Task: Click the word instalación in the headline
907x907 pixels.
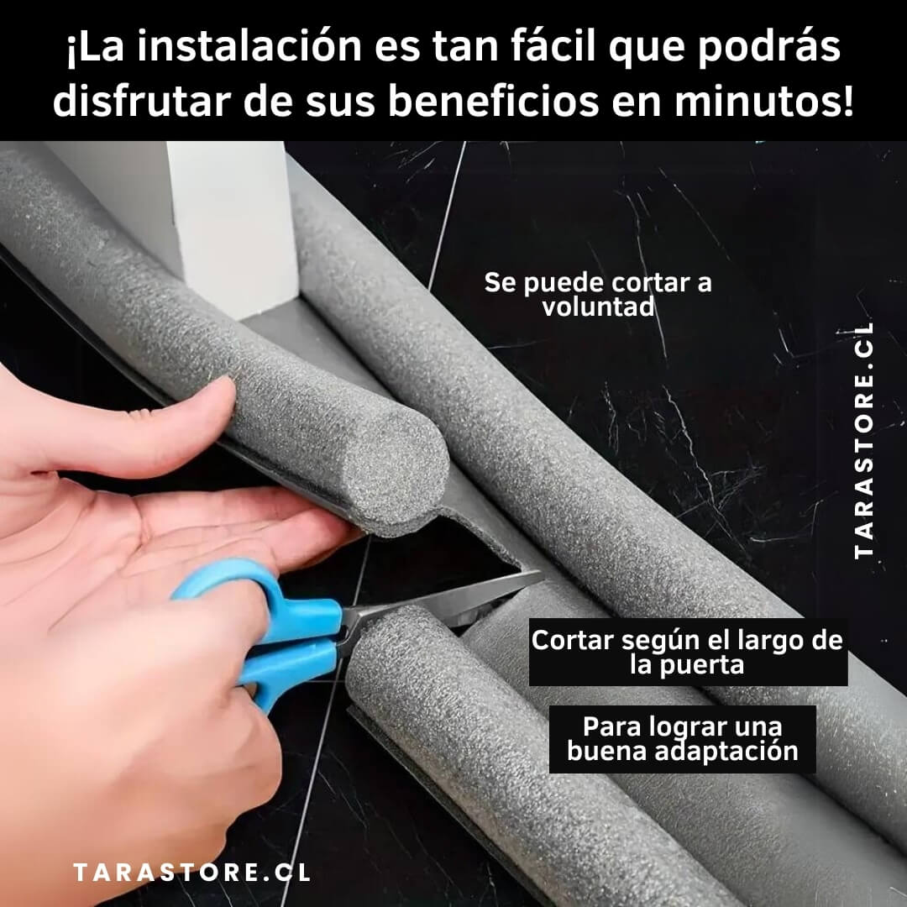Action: coord(249,47)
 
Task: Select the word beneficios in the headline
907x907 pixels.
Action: coord(494,102)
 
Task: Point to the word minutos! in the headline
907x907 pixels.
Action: coord(764,102)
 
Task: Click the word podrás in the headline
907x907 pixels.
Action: coord(768,47)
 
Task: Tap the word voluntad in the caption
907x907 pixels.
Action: coord(598,307)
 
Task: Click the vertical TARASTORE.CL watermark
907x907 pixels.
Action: coord(863,440)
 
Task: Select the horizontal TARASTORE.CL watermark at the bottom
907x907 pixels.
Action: coord(192,873)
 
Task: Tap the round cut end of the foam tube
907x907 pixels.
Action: coord(399,465)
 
